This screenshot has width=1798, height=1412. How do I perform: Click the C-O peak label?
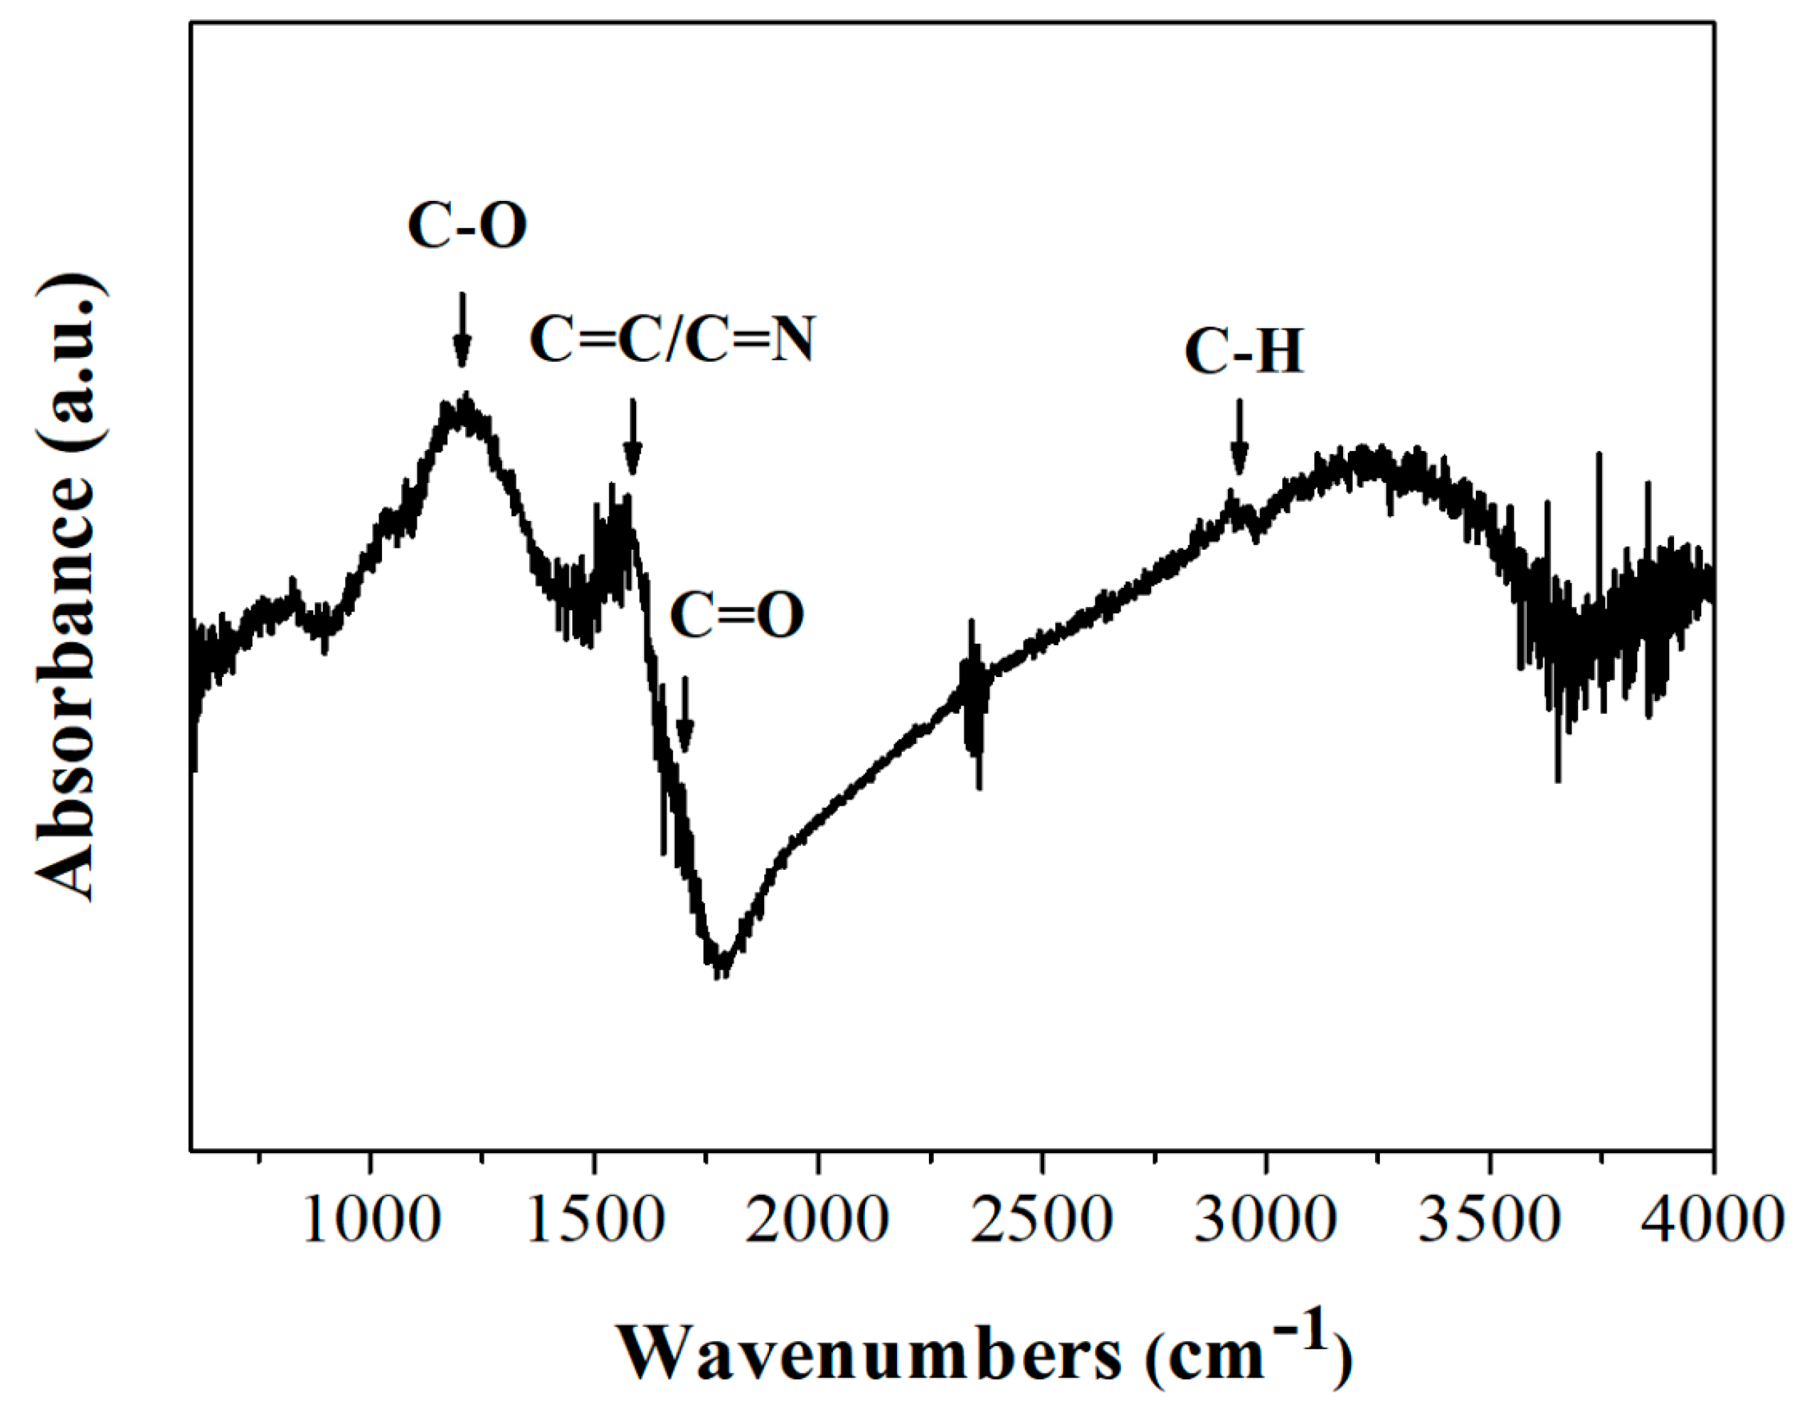(467, 225)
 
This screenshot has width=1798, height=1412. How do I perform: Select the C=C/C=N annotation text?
(672, 339)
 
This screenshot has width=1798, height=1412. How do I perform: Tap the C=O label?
(736, 616)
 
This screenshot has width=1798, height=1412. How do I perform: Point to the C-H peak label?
(1244, 351)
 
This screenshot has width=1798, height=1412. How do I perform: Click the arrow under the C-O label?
(462, 330)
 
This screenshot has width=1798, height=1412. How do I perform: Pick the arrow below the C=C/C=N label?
(633, 438)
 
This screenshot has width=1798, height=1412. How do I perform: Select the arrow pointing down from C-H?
(1238, 438)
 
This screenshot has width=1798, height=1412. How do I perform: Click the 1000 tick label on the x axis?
(370, 1221)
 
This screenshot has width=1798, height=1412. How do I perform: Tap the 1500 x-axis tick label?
(595, 1221)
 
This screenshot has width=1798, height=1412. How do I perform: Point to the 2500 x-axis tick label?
(1041, 1221)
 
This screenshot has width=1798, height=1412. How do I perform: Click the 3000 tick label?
(1265, 1221)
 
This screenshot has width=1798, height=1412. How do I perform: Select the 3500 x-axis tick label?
(1489, 1221)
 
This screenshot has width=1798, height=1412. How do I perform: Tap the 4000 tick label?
(1712, 1221)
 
